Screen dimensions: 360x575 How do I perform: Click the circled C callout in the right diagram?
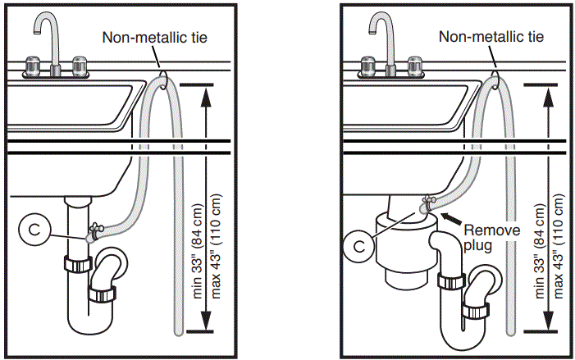point(356,244)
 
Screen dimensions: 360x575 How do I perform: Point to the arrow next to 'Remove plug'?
point(450,216)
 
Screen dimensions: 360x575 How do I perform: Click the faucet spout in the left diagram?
point(46,29)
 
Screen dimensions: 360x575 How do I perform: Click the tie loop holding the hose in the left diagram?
point(164,79)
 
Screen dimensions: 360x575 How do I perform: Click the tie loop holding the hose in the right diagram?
point(497,79)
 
